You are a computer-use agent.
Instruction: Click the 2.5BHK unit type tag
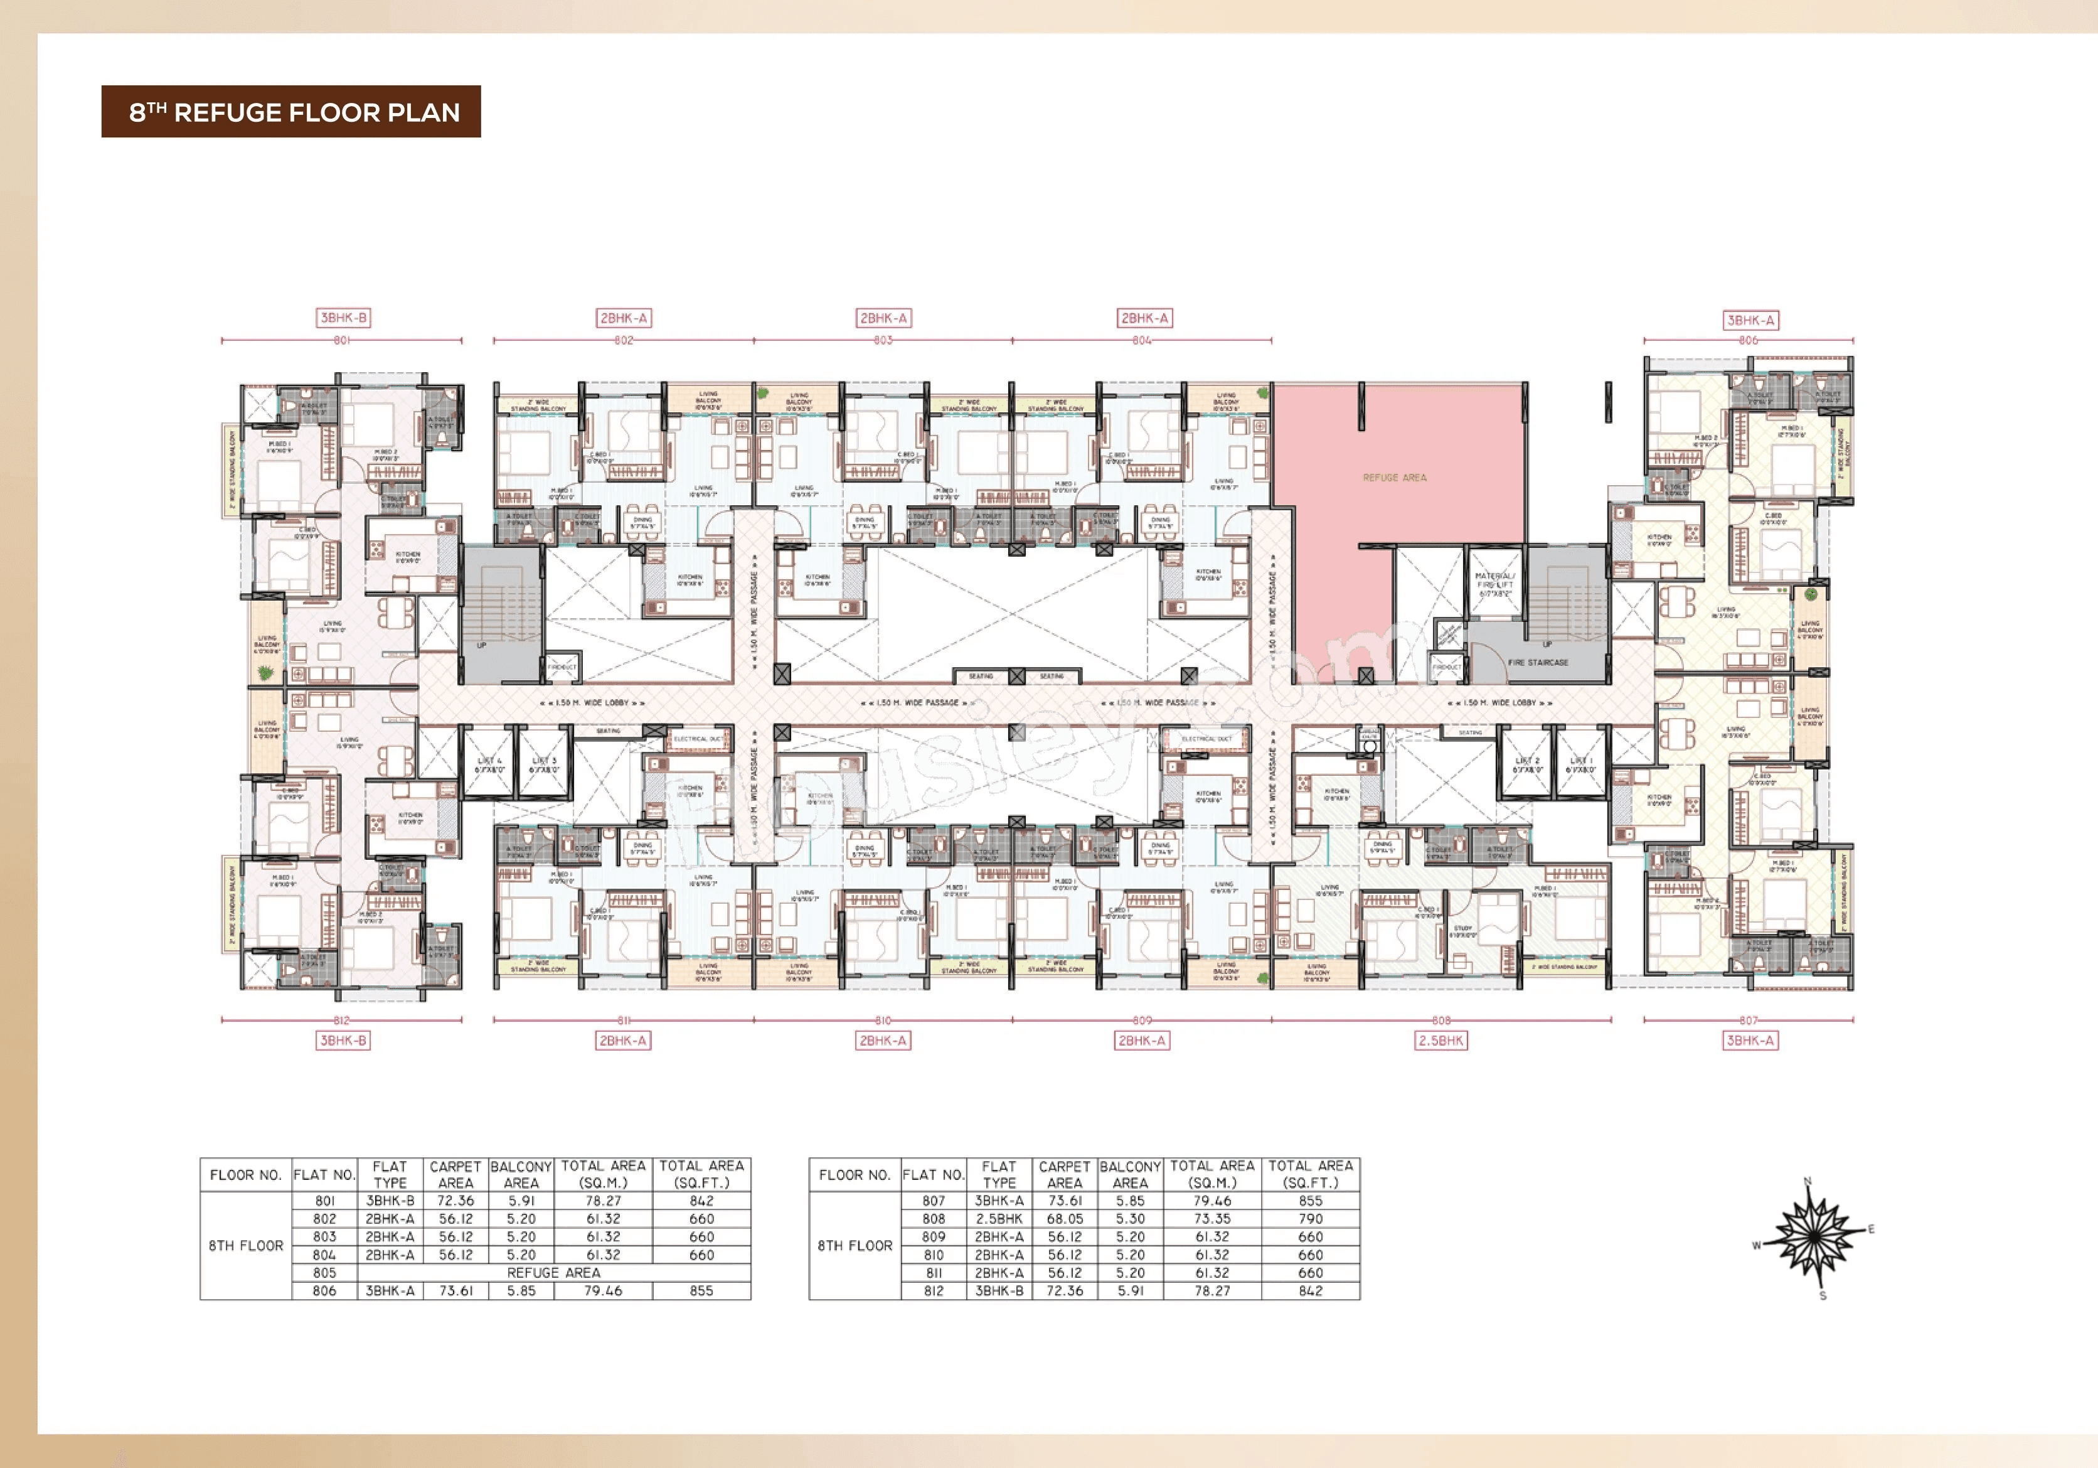coord(1441,1040)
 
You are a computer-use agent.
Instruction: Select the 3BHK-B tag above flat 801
coord(343,318)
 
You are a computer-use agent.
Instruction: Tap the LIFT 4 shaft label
coord(490,765)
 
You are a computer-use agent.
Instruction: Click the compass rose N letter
coord(1808,1182)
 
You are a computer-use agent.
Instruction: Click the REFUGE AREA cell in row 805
coord(554,1272)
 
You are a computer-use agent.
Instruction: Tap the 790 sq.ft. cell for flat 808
coord(1311,1218)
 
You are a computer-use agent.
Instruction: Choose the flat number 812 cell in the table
coord(933,1290)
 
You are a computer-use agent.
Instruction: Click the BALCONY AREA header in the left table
coord(521,1174)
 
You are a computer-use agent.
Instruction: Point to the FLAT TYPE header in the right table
coord(999,1174)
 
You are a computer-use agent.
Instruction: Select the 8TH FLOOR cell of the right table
coord(855,1246)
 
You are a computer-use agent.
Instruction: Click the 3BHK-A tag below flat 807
coord(1750,1040)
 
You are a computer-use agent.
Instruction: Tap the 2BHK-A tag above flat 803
coord(883,318)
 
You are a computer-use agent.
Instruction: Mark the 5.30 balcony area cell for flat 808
coord(1131,1218)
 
